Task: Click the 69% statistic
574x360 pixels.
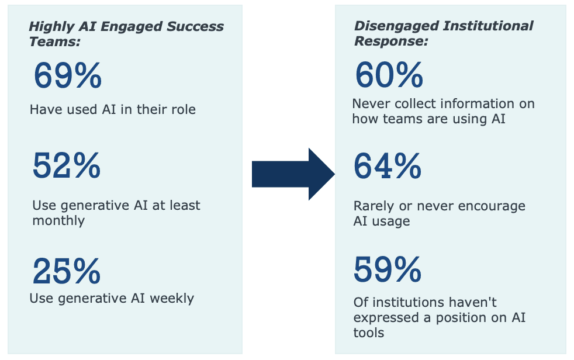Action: tap(68, 75)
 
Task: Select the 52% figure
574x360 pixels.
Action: tap(67, 166)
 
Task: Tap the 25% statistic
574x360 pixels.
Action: tap(67, 271)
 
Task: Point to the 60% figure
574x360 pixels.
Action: tap(389, 75)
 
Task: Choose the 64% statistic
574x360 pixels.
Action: tap(388, 166)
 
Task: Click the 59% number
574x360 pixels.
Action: tap(388, 269)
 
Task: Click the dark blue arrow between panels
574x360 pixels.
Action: tap(293, 174)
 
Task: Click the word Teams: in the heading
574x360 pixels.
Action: tap(55, 41)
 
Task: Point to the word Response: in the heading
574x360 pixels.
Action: tap(391, 41)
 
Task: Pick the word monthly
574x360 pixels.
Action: tap(58, 221)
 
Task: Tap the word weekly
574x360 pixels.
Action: tap(172, 299)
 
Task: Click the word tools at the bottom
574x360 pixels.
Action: tap(369, 333)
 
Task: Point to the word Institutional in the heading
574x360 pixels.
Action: tap(488, 26)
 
